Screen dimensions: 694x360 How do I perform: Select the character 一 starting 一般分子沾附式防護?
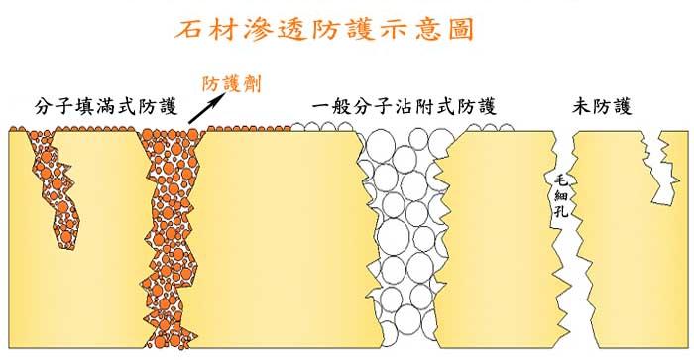pos(318,105)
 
